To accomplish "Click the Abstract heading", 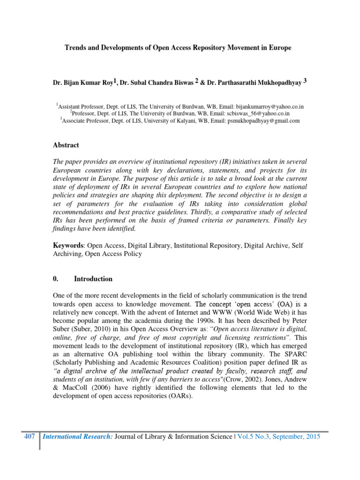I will tap(66, 145).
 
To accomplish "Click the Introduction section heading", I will tap(93, 279).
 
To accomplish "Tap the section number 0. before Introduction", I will tap(55, 279).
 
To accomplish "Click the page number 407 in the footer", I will tap(30, 436).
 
